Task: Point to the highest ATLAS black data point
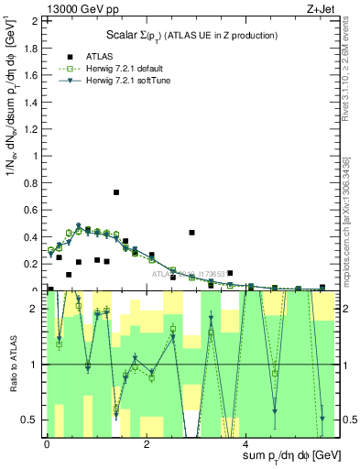[x=116, y=192]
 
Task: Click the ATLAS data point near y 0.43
[x=191, y=233]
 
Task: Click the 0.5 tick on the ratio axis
[x=33, y=420]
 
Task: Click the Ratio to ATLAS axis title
[x=11, y=364]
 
